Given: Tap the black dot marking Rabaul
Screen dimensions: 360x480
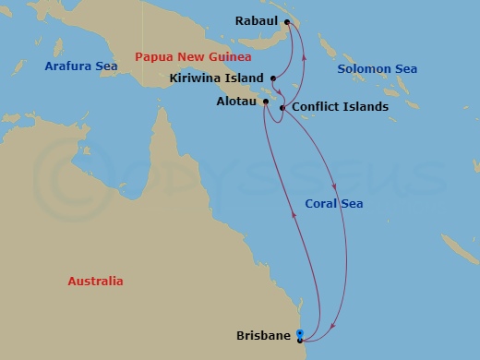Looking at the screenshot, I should tap(287, 22).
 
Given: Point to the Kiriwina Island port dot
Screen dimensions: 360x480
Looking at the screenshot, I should tap(272, 78).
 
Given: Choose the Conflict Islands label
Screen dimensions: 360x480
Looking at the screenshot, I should tap(339, 107).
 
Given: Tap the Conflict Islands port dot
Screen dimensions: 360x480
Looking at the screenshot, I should tap(282, 107).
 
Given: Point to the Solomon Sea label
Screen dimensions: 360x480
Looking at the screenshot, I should tap(377, 69).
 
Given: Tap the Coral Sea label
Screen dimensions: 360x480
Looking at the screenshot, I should tap(333, 204).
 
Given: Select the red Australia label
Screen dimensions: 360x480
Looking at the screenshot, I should tap(95, 282).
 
